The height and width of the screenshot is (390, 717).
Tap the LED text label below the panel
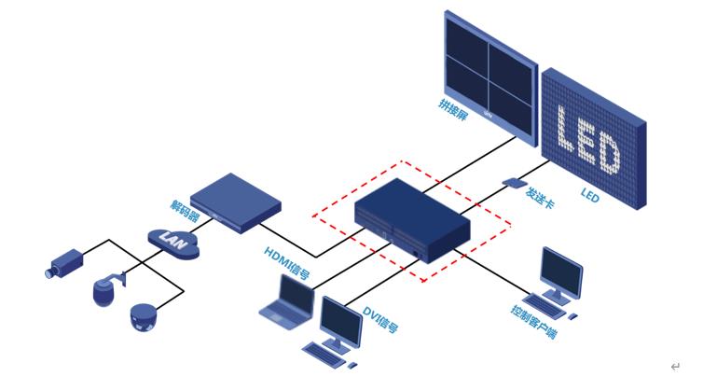589,196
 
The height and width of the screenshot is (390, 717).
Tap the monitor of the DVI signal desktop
340,321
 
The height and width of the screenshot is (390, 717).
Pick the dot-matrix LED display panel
593,135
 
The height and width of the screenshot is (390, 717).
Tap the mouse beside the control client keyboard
572,316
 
